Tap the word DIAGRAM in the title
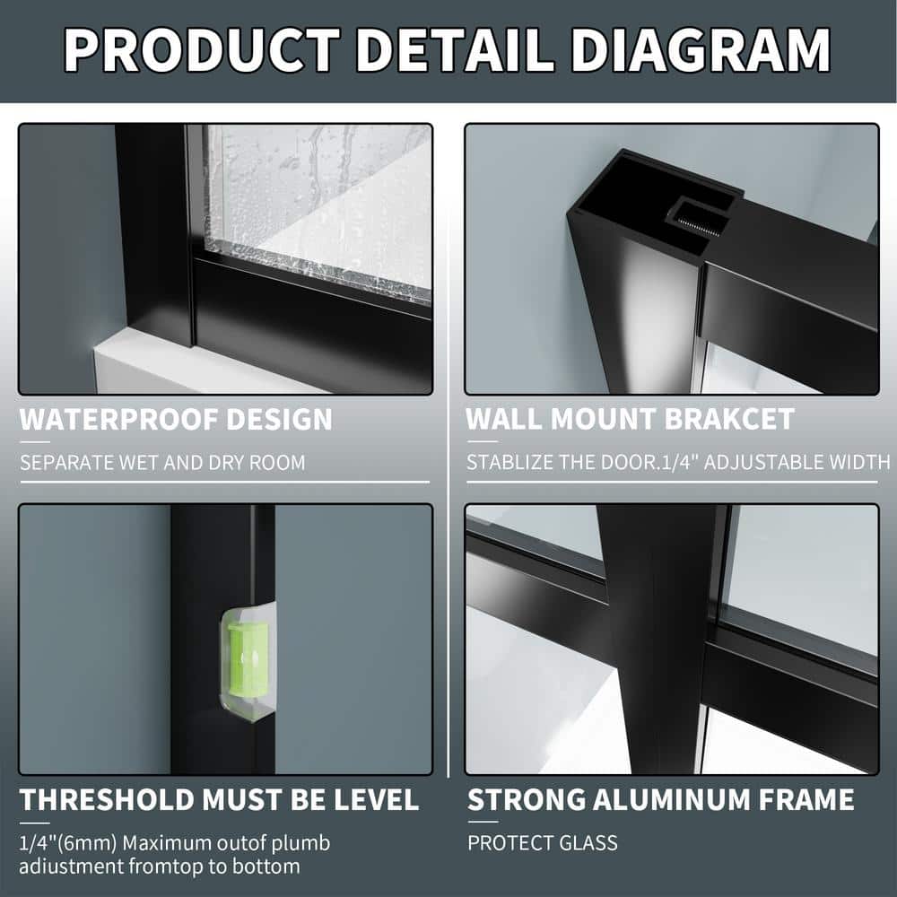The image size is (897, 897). coord(701,49)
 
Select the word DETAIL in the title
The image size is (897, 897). coord(455,49)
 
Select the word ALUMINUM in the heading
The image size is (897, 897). coord(672,800)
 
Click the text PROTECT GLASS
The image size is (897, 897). coord(543,842)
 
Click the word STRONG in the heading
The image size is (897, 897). coord(527,800)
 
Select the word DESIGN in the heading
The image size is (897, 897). coord(279,419)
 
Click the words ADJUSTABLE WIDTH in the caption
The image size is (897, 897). coord(797,462)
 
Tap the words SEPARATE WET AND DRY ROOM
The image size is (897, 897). coord(162,462)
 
